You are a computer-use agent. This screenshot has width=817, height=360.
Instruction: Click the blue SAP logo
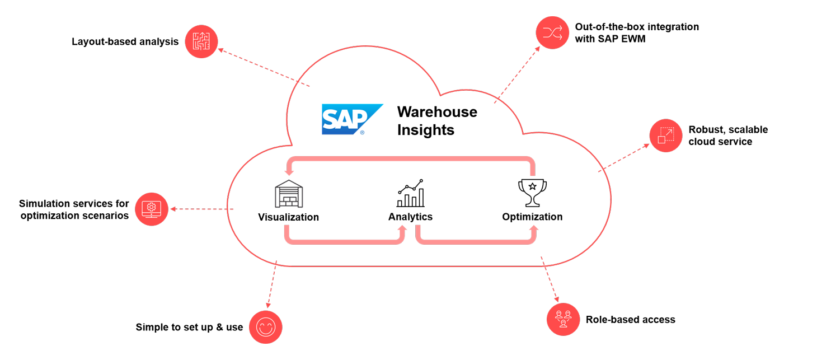(x=351, y=118)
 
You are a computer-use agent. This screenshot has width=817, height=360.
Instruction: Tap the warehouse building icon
(x=288, y=194)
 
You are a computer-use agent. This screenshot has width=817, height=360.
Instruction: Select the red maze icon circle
(x=201, y=41)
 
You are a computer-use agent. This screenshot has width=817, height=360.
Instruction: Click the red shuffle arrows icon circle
(x=552, y=32)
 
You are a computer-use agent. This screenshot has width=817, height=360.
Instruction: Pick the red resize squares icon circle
(x=665, y=136)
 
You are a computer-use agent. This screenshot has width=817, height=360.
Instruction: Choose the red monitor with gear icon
(x=151, y=209)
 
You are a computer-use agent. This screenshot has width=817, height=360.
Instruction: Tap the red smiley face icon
(x=265, y=327)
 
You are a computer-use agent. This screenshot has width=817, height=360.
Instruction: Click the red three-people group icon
(x=563, y=320)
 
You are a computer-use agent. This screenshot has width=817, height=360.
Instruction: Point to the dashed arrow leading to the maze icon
(x=263, y=68)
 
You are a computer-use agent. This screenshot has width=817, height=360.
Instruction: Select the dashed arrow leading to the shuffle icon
(x=517, y=75)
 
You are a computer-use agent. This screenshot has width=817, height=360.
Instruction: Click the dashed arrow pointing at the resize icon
(x=624, y=157)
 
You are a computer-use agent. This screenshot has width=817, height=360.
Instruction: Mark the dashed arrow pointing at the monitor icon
(x=201, y=209)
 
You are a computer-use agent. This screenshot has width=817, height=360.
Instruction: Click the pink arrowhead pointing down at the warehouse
(x=289, y=171)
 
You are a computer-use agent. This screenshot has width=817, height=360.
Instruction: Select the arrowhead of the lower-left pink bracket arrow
(x=401, y=229)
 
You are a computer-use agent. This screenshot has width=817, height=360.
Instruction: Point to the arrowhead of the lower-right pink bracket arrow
(x=534, y=229)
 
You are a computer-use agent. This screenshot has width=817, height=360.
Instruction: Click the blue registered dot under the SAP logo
(x=363, y=133)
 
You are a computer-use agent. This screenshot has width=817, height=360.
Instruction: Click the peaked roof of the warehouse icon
(x=288, y=183)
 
